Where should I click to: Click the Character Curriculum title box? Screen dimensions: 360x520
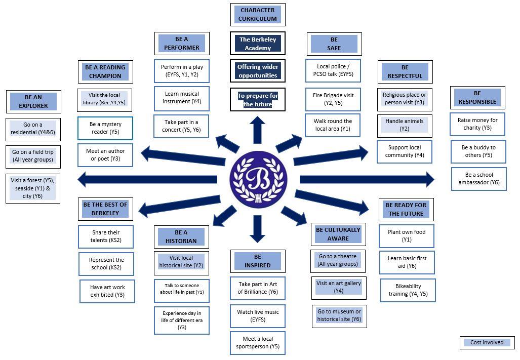pos(258,15)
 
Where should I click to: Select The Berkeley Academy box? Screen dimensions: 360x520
pos(258,44)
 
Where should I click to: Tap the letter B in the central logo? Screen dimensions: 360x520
pos(258,179)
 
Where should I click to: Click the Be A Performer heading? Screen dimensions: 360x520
pos(182,44)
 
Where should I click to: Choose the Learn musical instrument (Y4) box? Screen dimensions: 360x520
pos(182,98)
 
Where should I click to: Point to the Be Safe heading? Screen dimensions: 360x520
pos(334,44)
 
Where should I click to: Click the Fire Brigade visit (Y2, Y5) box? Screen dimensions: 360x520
pos(333,99)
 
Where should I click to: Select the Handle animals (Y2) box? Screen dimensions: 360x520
pos(405,125)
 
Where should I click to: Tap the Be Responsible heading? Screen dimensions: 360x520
pos(477,97)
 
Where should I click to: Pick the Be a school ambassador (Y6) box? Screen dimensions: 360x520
pos(478,179)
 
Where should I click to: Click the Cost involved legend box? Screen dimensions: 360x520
pos(487,343)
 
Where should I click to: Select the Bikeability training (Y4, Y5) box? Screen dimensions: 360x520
pos(408,290)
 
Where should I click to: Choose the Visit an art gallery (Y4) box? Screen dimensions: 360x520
pos(339,287)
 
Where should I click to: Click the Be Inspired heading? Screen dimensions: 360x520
pos(258,261)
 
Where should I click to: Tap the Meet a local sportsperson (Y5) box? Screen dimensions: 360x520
pos(258,343)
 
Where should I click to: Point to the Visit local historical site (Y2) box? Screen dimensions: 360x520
pos(181,262)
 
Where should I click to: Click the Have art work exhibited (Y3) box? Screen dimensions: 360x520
pos(107,291)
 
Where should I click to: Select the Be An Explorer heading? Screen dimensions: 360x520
pos(33,102)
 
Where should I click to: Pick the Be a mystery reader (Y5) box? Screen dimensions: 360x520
pos(105,128)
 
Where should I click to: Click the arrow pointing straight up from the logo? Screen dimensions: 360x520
pos(258,130)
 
